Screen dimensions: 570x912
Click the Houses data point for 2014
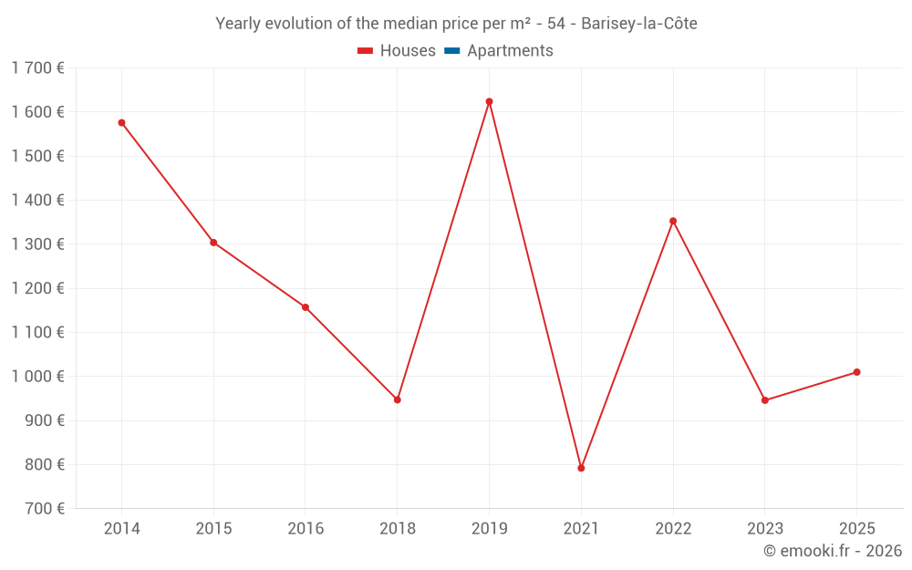tap(121, 122)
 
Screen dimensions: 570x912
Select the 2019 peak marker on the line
tap(489, 101)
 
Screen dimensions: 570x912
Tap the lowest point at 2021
tap(581, 468)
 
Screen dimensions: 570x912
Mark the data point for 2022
tap(673, 221)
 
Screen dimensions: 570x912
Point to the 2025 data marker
tap(856, 372)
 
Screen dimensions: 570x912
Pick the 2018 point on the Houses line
tap(398, 399)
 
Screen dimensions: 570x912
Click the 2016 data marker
tap(306, 307)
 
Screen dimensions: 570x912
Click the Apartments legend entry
tap(510, 51)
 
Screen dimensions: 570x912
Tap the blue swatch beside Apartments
tap(451, 51)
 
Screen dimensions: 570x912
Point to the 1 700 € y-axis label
tap(37, 67)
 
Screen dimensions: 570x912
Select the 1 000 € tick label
tap(37, 377)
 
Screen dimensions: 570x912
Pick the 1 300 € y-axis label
tap(37, 244)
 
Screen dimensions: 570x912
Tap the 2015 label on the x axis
tap(213, 529)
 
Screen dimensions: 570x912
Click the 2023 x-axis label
tap(764, 529)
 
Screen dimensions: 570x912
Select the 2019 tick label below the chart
tap(489, 529)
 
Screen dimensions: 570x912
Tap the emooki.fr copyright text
tap(833, 551)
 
